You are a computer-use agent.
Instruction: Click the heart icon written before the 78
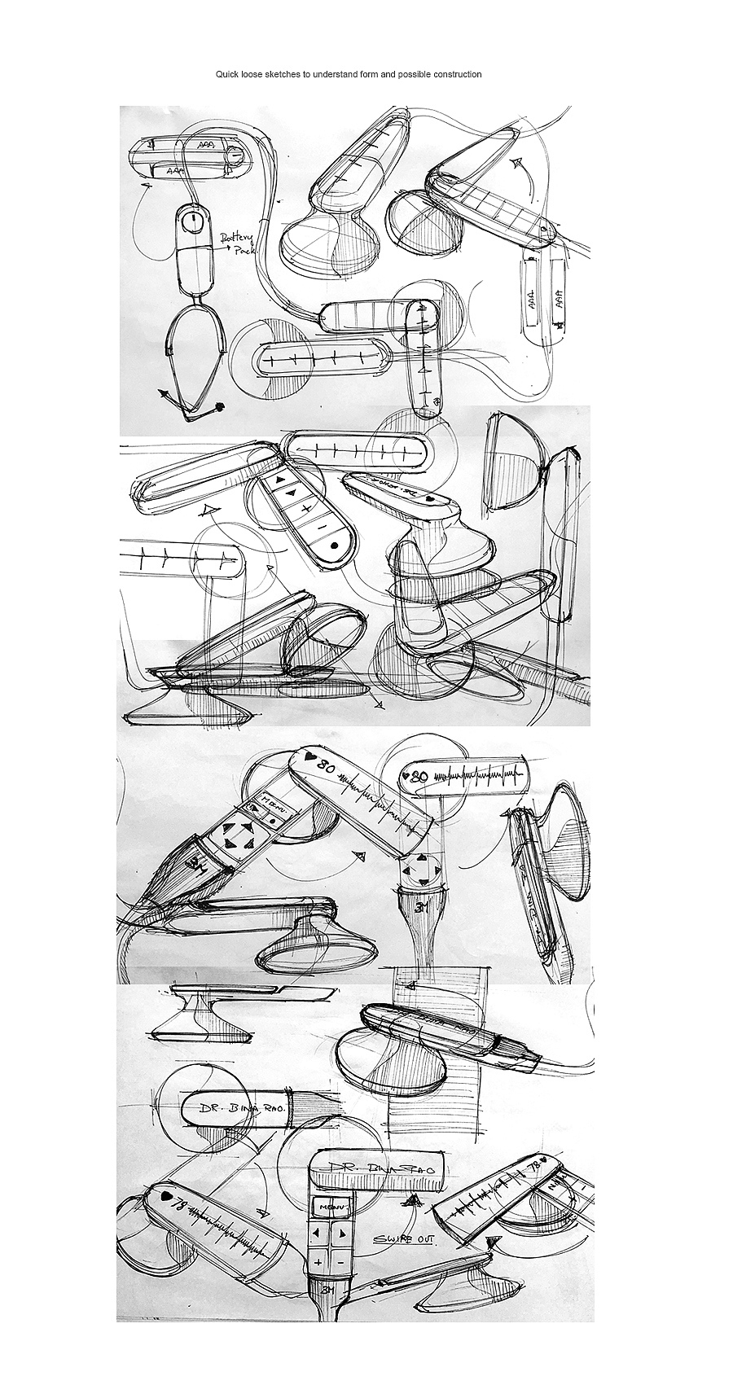click(x=166, y=1196)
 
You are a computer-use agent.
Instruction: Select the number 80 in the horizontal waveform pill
click(x=420, y=776)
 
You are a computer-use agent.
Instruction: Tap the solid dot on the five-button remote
click(x=334, y=546)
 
